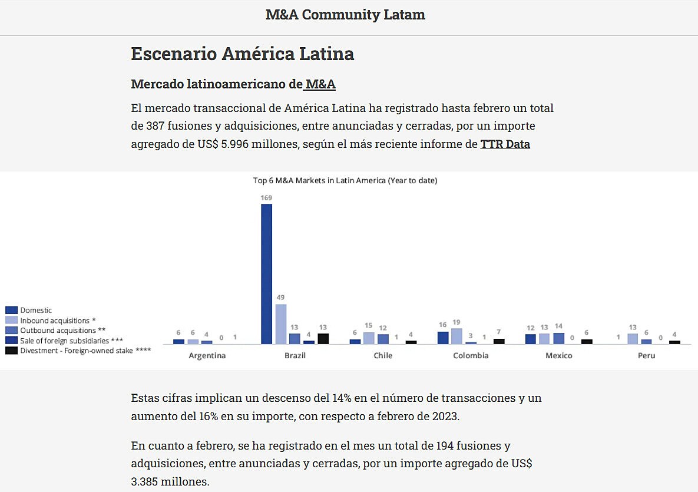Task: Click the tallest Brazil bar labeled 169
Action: click(x=267, y=274)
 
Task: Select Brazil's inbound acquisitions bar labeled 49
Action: click(x=281, y=324)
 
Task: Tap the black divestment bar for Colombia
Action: click(x=499, y=341)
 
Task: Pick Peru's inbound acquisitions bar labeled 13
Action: click(x=632, y=339)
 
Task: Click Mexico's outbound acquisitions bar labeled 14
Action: click(x=558, y=338)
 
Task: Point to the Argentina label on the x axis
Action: click(x=207, y=356)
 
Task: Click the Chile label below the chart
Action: click(x=383, y=356)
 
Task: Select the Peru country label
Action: click(x=646, y=356)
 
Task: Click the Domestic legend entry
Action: click(x=36, y=310)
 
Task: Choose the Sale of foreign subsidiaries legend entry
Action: click(x=71, y=341)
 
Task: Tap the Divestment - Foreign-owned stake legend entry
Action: click(x=85, y=351)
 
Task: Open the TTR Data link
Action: click(x=505, y=144)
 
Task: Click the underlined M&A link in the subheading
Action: click(x=320, y=84)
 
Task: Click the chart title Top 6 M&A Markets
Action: click(x=345, y=181)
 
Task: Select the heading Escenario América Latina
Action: click(x=242, y=54)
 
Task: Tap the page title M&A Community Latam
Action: click(x=345, y=15)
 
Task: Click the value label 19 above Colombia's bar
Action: click(x=456, y=322)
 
